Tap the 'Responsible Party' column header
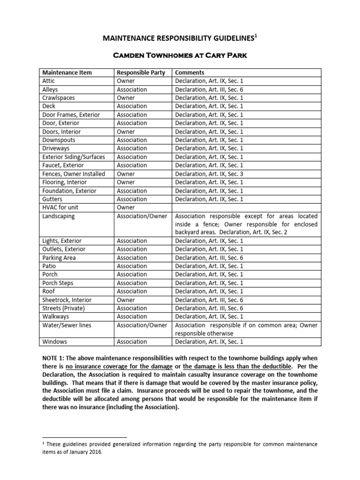click(141, 73)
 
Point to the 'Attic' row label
click(49, 81)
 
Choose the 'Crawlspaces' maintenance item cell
click(59, 98)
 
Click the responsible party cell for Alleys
click(132, 90)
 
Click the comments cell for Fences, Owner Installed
click(209, 174)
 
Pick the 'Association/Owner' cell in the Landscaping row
click(142, 216)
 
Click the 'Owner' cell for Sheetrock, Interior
click(126, 300)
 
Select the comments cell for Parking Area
click(209, 258)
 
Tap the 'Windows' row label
click(54, 342)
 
